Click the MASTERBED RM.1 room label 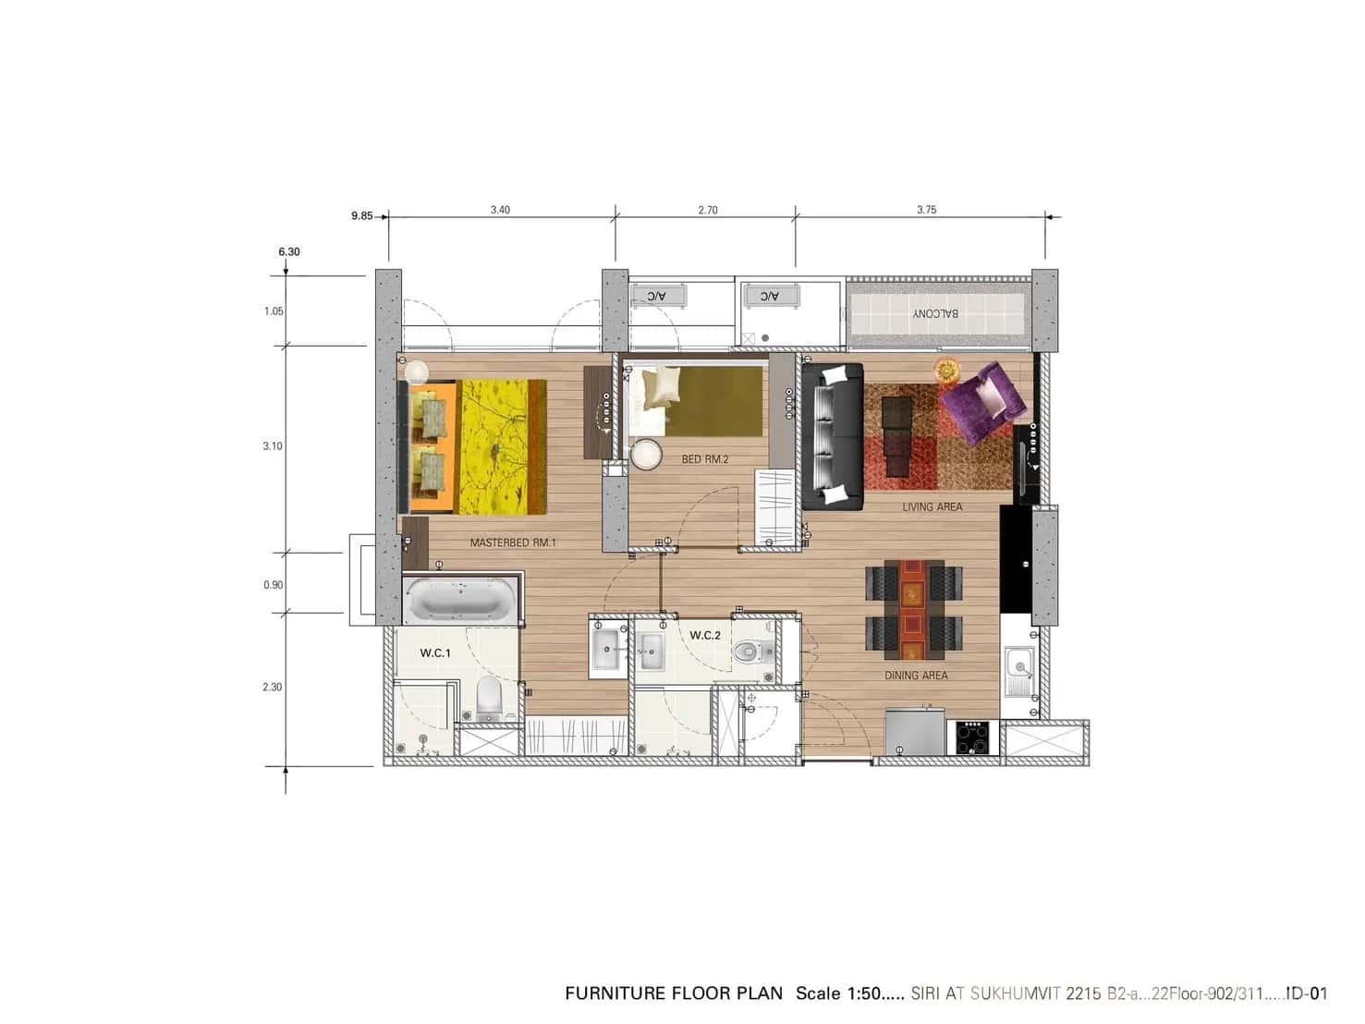click(513, 543)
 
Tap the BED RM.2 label click(705, 459)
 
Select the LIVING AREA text click(932, 507)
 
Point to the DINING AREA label click(916, 676)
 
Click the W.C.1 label click(435, 653)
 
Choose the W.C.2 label click(705, 636)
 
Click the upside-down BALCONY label click(935, 313)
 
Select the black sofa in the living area click(832, 436)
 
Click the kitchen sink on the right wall click(1019, 665)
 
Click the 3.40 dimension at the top click(500, 210)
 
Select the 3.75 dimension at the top click(926, 210)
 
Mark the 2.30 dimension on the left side click(272, 688)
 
